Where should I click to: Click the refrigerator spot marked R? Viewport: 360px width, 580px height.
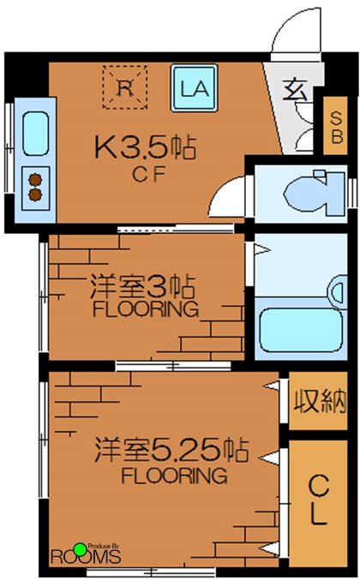124,87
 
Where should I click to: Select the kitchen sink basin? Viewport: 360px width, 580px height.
36,132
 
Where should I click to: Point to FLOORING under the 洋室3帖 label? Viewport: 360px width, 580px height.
144,308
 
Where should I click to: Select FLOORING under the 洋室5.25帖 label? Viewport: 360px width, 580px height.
174,474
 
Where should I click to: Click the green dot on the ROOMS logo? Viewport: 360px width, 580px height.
80,548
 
